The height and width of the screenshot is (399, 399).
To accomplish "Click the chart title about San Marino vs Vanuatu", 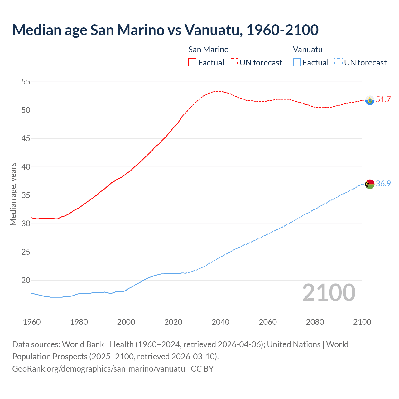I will pos(165,30).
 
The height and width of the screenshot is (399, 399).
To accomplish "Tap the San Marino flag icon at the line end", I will pos(370,100).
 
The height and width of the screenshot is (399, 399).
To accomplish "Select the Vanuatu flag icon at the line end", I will pos(370,184).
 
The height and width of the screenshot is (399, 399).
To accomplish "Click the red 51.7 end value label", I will pos(383,99).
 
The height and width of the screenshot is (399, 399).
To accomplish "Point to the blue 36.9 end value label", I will pos(383,184).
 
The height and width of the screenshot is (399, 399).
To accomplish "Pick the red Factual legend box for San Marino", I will pos(192,62).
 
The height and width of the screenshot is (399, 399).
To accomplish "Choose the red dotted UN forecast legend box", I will pos(234,62).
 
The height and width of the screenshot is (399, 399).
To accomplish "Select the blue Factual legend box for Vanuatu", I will pos(297,62).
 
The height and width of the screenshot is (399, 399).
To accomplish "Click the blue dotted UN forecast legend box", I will pos(339,62).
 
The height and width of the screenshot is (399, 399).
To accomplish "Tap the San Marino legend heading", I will pos(208,50).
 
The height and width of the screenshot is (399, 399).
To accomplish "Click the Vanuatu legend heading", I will pos(308,50).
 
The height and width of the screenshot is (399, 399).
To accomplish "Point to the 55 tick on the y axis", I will pos(26,82).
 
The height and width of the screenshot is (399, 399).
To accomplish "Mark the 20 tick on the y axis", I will pos(26,280).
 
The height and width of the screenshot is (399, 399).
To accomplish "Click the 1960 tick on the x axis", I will pos(32,322).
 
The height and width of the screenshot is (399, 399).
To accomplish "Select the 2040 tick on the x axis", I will pos(220,322).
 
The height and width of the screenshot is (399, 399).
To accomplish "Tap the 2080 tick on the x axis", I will pos(315,322).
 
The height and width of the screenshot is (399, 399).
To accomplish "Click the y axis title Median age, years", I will pos(13,194).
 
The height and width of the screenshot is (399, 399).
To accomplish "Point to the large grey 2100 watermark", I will pos(329,292).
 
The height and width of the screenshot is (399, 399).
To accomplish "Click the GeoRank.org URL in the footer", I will pos(99,368).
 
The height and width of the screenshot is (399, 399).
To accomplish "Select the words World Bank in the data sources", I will pos(83,344).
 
